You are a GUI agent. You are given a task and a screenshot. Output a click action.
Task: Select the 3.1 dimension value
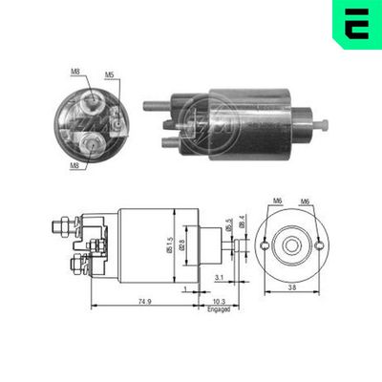click(x=219, y=278)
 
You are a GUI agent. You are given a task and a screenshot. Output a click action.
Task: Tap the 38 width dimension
click(x=289, y=286)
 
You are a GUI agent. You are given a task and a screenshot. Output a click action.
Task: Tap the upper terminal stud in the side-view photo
click(x=154, y=106)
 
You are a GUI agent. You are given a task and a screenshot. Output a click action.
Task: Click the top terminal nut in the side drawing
click(x=64, y=227)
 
